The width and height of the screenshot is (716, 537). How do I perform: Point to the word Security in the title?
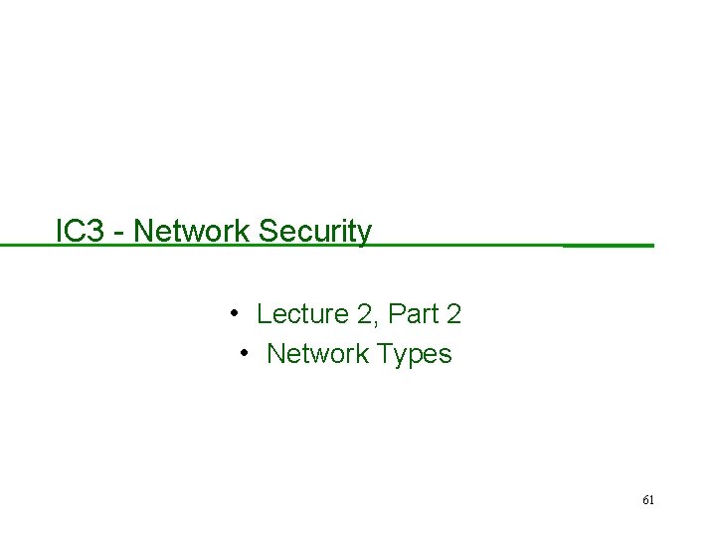[315, 233]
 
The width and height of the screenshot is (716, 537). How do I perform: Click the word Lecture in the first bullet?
[298, 315]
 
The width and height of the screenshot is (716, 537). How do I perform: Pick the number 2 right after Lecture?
[360, 315]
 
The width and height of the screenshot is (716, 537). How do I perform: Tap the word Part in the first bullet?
[411, 315]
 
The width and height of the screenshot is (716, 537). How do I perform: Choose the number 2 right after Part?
[453, 315]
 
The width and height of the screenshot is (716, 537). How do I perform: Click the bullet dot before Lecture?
[232, 314]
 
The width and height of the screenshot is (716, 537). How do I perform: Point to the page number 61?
[647, 500]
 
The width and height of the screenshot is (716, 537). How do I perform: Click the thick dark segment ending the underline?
[609, 245]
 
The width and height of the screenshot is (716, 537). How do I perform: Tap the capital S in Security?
[267, 232]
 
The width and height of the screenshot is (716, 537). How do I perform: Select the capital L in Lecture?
[264, 315]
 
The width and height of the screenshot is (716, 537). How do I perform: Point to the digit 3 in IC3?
[97, 232]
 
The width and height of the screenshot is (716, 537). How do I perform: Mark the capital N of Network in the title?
[141, 232]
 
